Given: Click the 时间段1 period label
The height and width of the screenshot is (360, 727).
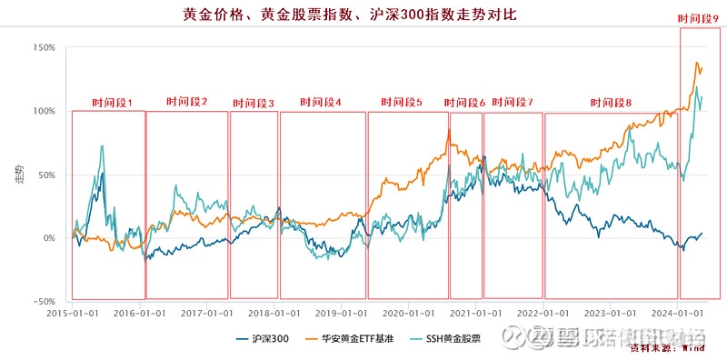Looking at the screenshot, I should [x=112, y=103].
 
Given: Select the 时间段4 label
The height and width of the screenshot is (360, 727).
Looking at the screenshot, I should [x=321, y=103].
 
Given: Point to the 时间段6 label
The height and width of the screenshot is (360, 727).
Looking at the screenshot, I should [x=464, y=103].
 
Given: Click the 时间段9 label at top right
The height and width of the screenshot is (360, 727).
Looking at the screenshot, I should [x=699, y=19].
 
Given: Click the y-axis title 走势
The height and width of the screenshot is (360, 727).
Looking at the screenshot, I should [x=20, y=175].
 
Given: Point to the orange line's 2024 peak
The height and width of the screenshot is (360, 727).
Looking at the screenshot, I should [x=697, y=63].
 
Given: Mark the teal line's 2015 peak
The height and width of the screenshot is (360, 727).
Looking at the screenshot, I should [x=102, y=145].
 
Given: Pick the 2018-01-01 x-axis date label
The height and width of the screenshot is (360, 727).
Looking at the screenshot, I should [x=274, y=312].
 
